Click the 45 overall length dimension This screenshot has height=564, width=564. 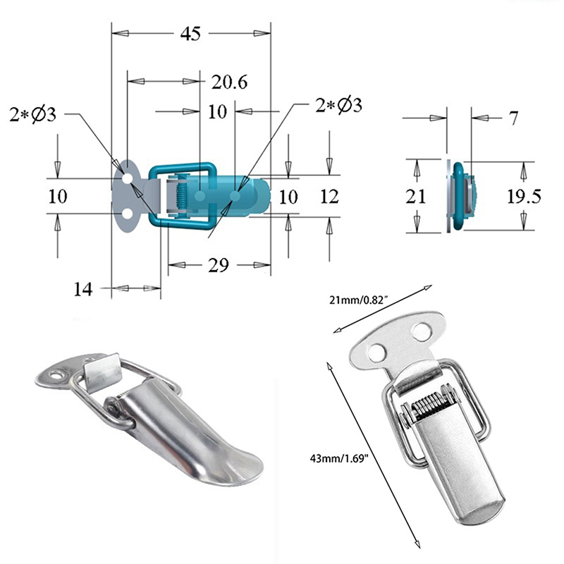tap(191, 33)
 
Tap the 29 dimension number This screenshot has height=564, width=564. tap(219, 266)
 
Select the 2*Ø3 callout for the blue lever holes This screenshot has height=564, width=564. tap(339, 105)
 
